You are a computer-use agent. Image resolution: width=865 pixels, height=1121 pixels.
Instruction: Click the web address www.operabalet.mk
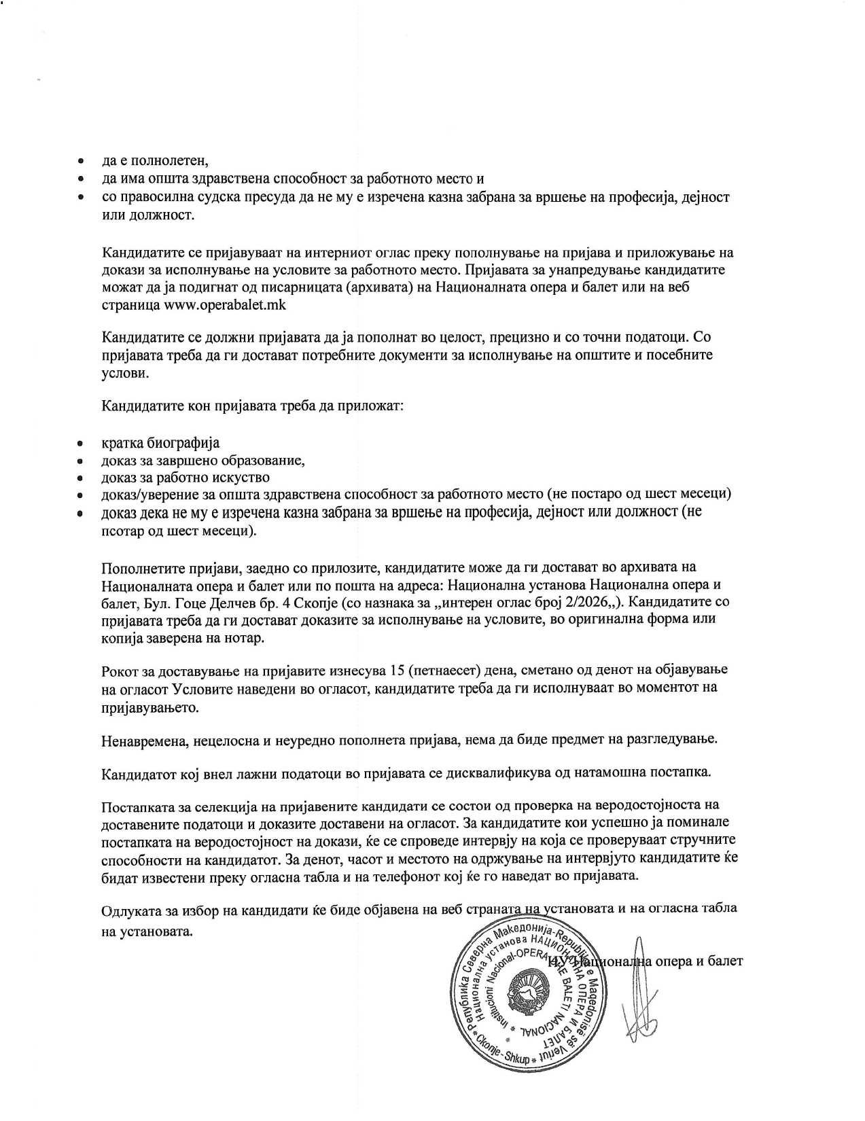[225, 305]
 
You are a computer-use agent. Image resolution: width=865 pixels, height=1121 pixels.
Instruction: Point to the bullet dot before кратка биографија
[80, 444]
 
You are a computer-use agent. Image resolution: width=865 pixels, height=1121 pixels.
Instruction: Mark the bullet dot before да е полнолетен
[80, 162]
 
